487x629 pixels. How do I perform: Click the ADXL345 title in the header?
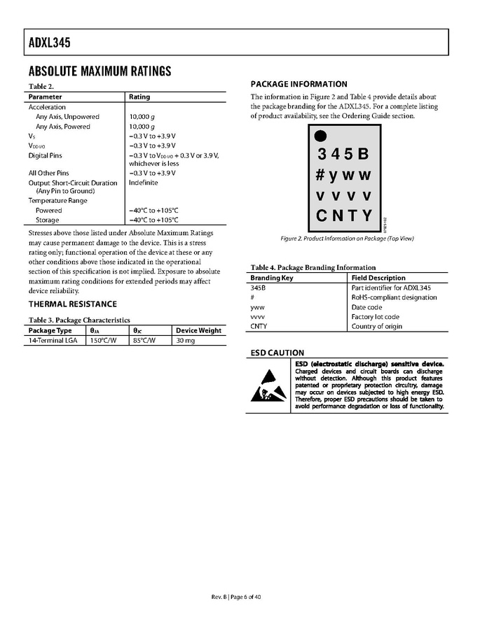[50, 43]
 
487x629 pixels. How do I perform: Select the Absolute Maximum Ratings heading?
[100, 71]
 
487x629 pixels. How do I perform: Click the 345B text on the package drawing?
[343, 154]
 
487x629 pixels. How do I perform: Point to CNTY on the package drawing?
[344, 215]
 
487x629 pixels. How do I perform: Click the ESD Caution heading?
[277, 353]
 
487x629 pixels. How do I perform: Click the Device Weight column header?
[198, 330]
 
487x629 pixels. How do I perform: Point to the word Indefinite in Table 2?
[144, 183]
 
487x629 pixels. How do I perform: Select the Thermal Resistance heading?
[72, 304]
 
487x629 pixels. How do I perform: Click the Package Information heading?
[299, 84]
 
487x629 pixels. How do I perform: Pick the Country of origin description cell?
[377, 327]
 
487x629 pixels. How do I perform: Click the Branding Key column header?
[272, 278]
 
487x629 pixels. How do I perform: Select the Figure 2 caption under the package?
[347, 239]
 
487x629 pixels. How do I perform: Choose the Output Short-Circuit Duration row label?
[73, 183]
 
